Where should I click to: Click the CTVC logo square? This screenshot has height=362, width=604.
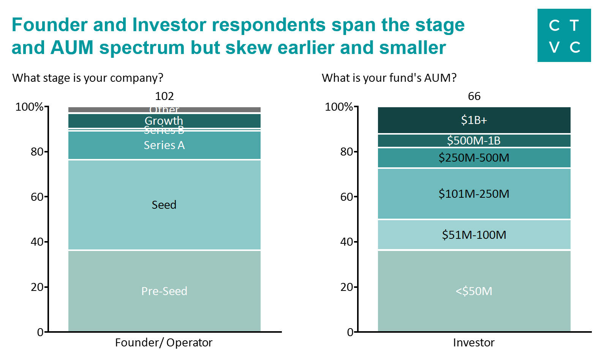pyautogui.click(x=564, y=35)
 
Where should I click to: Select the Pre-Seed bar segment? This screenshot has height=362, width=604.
pyautogui.click(x=164, y=291)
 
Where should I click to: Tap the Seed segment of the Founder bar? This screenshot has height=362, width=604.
pyautogui.click(x=164, y=205)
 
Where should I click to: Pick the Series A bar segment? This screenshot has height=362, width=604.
pyautogui.click(x=164, y=145)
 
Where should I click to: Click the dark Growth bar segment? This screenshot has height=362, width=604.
pyautogui.click(x=164, y=121)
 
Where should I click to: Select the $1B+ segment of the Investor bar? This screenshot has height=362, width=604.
pyautogui.click(x=474, y=120)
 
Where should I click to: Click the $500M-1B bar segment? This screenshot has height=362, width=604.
pyautogui.click(x=474, y=141)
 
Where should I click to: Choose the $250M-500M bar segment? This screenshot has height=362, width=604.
pyautogui.click(x=474, y=158)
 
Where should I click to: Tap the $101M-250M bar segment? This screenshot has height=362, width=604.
pyautogui.click(x=474, y=194)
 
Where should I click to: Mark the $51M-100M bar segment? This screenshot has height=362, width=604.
pyautogui.click(x=474, y=235)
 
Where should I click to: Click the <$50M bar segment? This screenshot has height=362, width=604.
pyautogui.click(x=474, y=291)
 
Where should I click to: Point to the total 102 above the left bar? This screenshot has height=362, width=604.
pyautogui.click(x=164, y=96)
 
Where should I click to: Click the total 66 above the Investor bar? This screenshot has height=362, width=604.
pyautogui.click(x=474, y=96)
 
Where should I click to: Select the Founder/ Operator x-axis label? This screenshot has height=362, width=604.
pyautogui.click(x=164, y=343)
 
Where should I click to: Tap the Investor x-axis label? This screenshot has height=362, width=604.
pyautogui.click(x=474, y=343)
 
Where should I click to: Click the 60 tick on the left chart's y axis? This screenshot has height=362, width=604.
pyautogui.click(x=37, y=197)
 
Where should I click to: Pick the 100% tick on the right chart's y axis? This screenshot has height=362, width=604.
pyautogui.click(x=339, y=107)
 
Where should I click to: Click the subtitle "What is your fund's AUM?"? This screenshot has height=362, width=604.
pyautogui.click(x=389, y=78)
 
